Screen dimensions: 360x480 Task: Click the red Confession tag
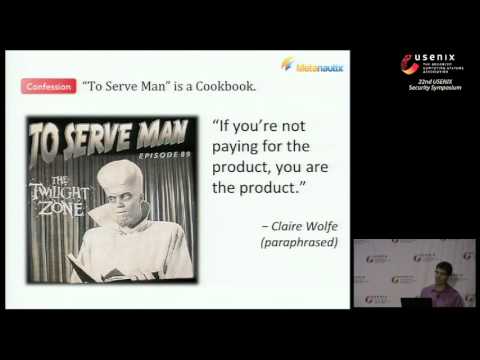coord(47,87)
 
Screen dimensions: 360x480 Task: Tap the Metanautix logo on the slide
coord(312,66)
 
